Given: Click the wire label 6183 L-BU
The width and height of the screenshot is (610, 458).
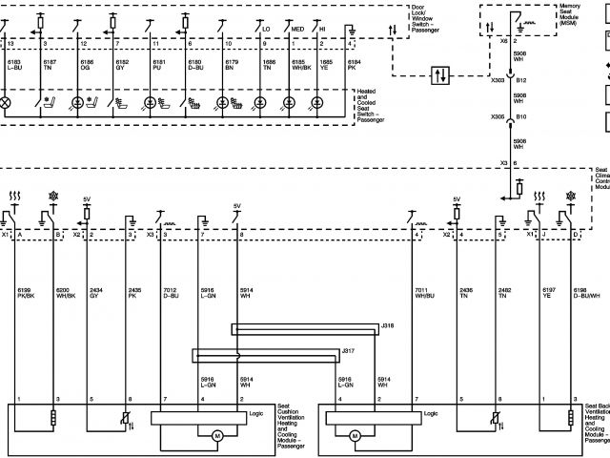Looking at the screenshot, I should [14, 65].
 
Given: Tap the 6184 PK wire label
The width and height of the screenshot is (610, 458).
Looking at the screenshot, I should [355, 65].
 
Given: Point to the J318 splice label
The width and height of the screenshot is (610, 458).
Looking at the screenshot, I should [387, 326].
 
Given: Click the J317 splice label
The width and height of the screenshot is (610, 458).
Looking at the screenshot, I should [348, 351].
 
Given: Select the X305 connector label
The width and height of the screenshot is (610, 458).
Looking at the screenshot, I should [498, 117].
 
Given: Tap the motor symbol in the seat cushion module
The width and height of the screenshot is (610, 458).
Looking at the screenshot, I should [216, 436].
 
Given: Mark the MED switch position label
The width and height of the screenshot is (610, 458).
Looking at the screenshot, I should [298, 30].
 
